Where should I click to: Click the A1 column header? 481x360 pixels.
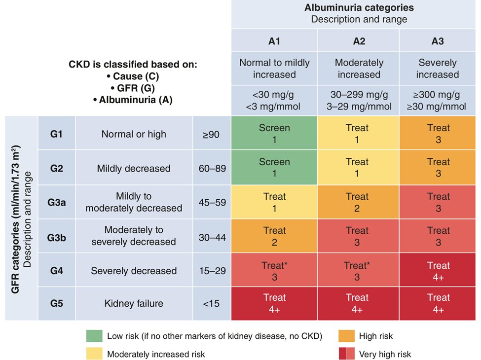[x=274, y=41]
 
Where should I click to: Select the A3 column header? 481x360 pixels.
[x=438, y=41]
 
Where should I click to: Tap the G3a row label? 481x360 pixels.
[x=57, y=202]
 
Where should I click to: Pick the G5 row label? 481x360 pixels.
[x=57, y=304]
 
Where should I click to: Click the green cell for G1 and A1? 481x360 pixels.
[x=274, y=134]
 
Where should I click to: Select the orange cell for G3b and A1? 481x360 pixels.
[x=274, y=236]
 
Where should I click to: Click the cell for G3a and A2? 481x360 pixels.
[x=357, y=202]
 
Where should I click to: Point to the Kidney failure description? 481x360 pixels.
[x=134, y=304]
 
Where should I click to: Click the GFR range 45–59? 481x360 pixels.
[x=212, y=202]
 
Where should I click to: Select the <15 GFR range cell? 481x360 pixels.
[x=212, y=304]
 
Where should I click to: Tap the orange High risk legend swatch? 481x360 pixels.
[x=347, y=336]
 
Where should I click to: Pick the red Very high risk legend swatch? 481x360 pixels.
[x=347, y=354]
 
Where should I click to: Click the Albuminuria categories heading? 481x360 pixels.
[x=359, y=8]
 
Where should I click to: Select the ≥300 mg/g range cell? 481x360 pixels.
[x=438, y=101]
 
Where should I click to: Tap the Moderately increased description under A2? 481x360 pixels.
[x=359, y=69]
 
